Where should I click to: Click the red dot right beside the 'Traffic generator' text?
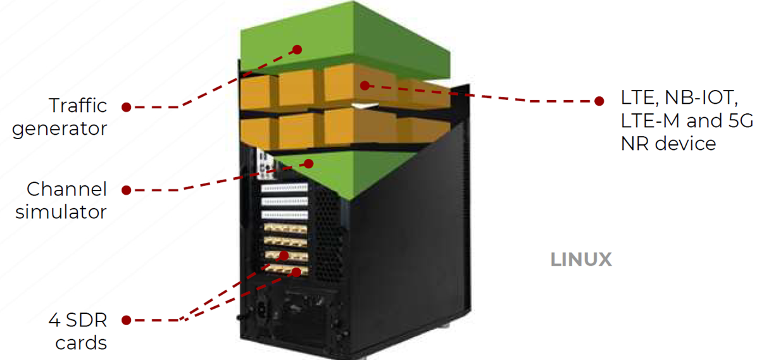click(x=127, y=108)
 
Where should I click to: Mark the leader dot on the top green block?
click(x=297, y=50)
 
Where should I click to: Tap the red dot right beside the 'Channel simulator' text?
click(x=127, y=190)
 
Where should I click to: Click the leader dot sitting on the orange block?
click(x=365, y=86)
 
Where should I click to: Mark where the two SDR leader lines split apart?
click(x=182, y=320)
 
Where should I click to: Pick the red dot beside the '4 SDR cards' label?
click(x=127, y=320)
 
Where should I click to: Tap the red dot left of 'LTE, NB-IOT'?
click(x=599, y=101)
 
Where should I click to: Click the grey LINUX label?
click(x=581, y=260)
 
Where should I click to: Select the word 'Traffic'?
click(x=78, y=106)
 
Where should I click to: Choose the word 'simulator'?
click(x=61, y=212)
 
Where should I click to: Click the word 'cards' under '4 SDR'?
click(x=80, y=343)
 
